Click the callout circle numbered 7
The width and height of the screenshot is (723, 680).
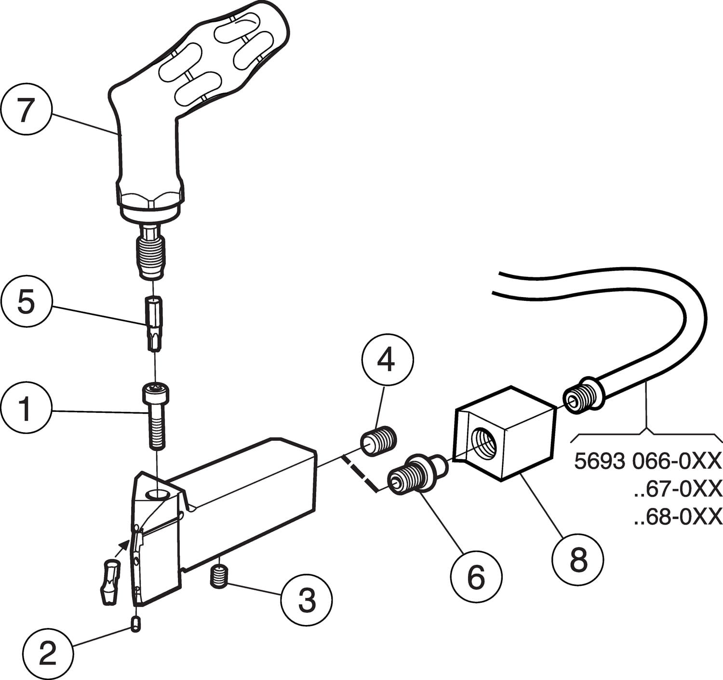pyautogui.click(x=27, y=111)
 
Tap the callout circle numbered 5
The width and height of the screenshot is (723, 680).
pyautogui.click(x=27, y=303)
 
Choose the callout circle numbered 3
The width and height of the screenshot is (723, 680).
pyautogui.click(x=307, y=600)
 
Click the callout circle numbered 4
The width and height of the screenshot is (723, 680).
pyautogui.click(x=386, y=361)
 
